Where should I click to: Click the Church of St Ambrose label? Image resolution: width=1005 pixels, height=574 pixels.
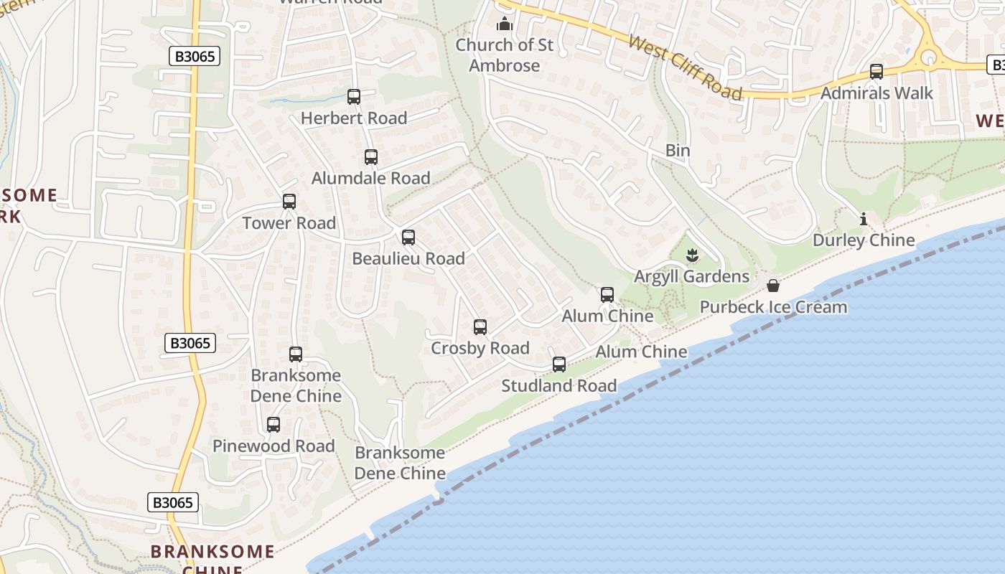(505, 55)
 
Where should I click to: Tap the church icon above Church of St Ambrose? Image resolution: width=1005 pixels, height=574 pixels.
(505, 24)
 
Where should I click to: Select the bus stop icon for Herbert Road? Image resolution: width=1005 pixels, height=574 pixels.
(353, 96)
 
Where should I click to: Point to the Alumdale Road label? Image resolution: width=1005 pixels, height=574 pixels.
(370, 178)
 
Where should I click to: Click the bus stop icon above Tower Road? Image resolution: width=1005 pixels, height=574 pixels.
(289, 202)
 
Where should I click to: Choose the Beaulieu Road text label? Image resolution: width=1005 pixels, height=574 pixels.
(408, 258)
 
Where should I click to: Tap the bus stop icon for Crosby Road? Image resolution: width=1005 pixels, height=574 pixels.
(480, 327)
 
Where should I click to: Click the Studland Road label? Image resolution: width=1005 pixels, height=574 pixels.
(558, 385)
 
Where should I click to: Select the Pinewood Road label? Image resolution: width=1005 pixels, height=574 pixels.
(274, 446)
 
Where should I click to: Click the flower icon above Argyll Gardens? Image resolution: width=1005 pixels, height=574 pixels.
(692, 255)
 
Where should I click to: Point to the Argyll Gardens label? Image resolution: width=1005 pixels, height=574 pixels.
(691, 276)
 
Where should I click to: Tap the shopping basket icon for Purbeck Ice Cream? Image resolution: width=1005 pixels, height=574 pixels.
(773, 286)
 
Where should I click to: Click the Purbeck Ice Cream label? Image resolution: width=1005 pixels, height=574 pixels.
(773, 307)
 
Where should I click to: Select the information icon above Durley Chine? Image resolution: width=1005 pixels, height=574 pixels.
(864, 219)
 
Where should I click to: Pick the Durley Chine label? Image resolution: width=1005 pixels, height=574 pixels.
(864, 240)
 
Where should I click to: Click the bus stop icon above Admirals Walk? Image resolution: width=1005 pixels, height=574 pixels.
(877, 72)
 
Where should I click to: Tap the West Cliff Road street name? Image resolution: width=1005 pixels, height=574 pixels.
(685, 67)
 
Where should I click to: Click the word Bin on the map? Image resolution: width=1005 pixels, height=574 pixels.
(678, 150)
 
